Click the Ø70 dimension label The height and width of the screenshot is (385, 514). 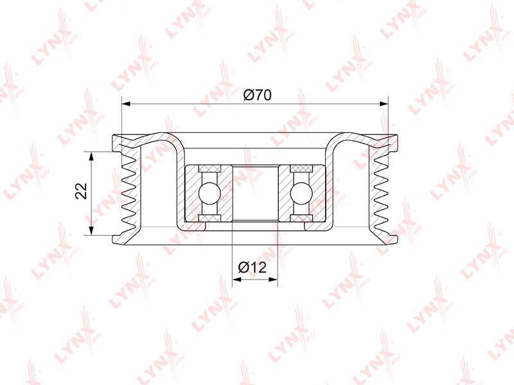coord(258,95)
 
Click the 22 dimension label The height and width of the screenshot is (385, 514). coord(82,190)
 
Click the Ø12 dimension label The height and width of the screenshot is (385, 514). coord(253,268)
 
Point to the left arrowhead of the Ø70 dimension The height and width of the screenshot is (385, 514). coord(127,104)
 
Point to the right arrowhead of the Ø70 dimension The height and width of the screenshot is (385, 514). coord(384,104)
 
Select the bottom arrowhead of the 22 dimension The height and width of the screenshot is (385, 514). coord(92,230)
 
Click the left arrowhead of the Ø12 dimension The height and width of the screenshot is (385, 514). coord(236,280)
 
